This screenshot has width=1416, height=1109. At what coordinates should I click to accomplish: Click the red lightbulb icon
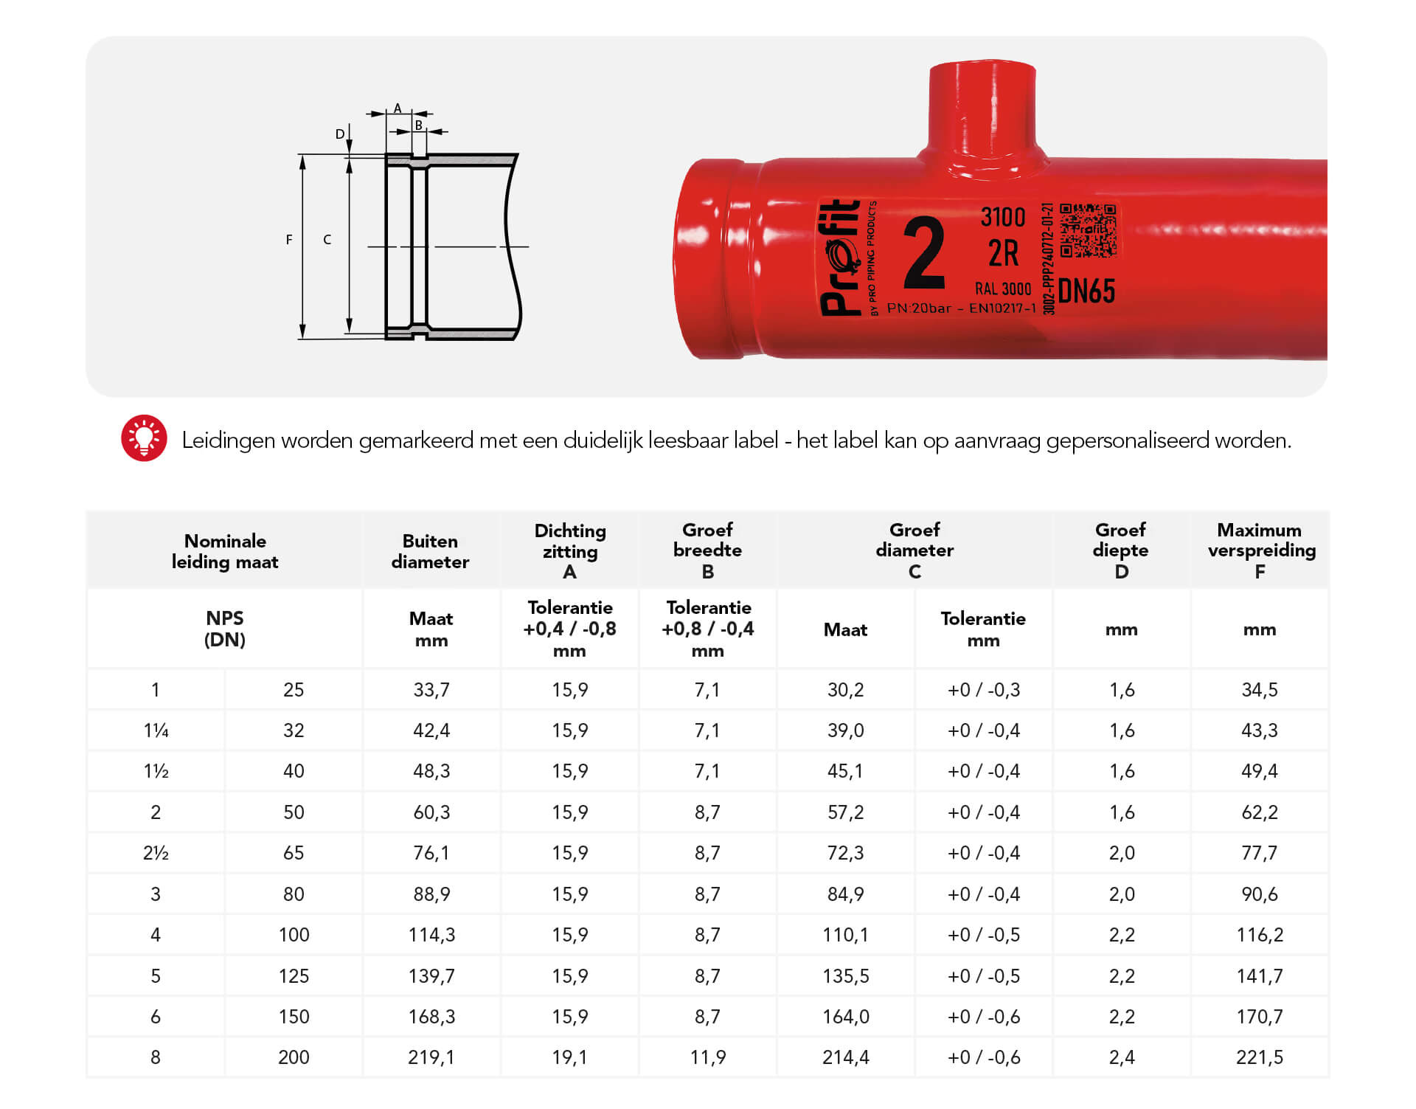tap(144, 438)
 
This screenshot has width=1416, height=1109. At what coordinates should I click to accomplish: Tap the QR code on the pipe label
tap(1088, 230)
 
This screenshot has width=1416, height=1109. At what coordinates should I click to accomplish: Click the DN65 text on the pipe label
tap(1086, 291)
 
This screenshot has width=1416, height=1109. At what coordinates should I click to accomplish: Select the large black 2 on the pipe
tap(924, 253)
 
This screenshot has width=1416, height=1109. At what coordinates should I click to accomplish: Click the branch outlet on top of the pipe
tap(982, 111)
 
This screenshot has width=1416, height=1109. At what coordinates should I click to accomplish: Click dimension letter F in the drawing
tap(289, 240)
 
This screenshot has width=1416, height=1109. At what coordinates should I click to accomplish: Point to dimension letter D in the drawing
tap(340, 134)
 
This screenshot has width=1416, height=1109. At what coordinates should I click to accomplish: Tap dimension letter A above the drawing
tap(398, 109)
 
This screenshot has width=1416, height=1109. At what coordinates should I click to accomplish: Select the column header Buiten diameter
tap(430, 551)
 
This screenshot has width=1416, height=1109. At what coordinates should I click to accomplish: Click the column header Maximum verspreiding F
tap(1260, 550)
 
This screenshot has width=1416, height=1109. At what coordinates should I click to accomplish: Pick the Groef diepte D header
tap(1120, 550)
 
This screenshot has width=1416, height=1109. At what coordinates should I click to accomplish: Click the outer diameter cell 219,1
tap(431, 1057)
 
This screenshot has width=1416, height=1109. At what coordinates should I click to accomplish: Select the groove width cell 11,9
tap(707, 1057)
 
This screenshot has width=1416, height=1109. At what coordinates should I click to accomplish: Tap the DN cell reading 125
tap(294, 976)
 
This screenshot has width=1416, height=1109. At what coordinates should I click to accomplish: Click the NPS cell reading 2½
tap(156, 853)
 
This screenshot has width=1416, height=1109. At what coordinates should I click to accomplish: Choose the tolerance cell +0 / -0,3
tap(983, 690)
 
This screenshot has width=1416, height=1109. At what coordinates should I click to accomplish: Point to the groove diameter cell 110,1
tap(845, 935)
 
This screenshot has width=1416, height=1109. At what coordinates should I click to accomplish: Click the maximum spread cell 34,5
tap(1259, 690)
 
